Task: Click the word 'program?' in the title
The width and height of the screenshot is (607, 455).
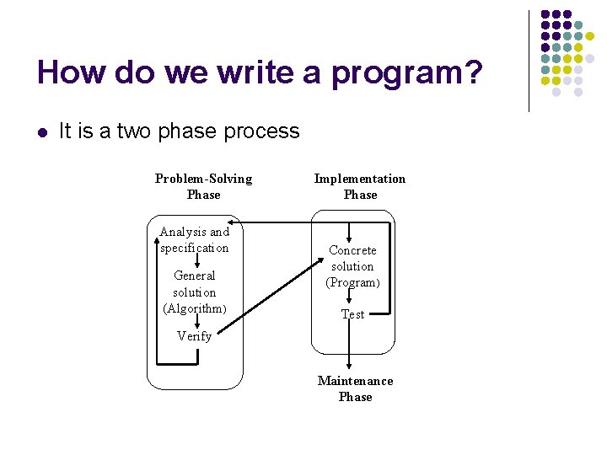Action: point(407,74)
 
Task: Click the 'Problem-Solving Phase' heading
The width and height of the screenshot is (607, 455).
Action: point(203,186)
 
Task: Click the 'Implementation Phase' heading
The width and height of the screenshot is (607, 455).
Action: point(360,186)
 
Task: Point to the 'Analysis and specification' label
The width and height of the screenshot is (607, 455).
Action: point(194,239)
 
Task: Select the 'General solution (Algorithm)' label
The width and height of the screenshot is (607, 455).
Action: point(195,292)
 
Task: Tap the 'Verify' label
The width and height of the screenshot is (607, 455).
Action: point(194,336)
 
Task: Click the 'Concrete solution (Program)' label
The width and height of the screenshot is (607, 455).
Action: point(352,266)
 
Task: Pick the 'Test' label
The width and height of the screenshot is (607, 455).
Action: point(352,314)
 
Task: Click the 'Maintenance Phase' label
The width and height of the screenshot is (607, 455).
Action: point(355,388)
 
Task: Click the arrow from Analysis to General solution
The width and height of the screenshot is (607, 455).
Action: point(196,262)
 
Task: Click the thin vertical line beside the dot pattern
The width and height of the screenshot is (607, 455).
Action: point(529,61)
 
